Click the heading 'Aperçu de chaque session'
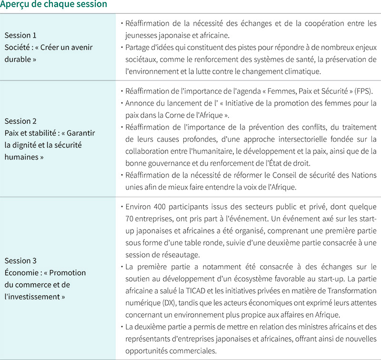tap(53, 5)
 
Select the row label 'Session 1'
tap(20, 35)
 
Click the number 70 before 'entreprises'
tap(130, 219)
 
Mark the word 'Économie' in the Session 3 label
tap(20, 273)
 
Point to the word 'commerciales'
tap(194, 350)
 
